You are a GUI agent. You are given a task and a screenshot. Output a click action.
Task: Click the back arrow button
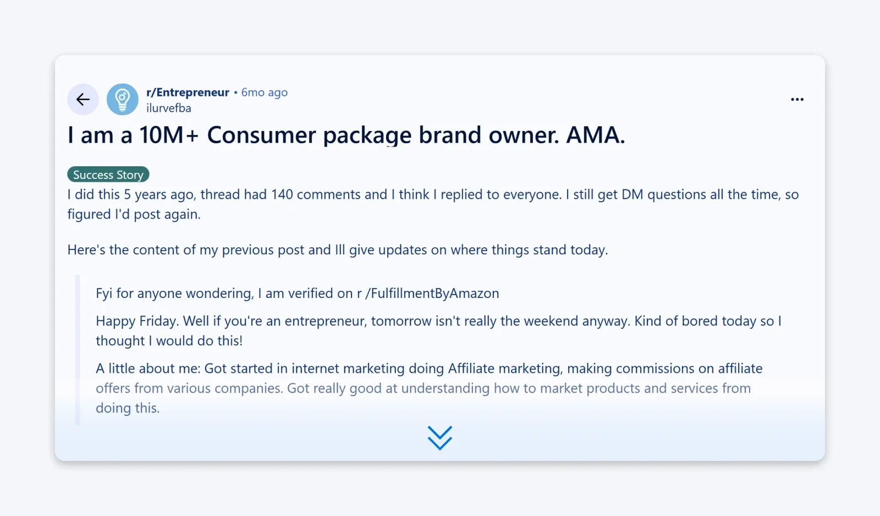point(83,100)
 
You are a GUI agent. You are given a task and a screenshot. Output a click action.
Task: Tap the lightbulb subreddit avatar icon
point(122,100)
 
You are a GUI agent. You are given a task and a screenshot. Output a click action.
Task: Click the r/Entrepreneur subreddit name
point(188,93)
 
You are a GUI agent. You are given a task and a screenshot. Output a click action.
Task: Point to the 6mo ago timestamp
point(264,93)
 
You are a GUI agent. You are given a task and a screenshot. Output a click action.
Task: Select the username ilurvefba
point(168,108)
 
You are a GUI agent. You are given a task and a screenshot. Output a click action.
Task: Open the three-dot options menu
point(797,100)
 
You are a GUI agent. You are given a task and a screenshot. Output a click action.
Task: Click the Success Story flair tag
point(108,175)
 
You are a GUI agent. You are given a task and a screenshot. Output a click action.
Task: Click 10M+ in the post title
point(168,135)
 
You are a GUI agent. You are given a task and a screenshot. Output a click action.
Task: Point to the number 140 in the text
point(282,194)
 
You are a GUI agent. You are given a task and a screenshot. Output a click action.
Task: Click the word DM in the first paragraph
point(632,194)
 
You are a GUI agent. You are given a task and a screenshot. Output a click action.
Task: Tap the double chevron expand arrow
point(440,438)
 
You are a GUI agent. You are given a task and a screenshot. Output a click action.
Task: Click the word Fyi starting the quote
point(104,294)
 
